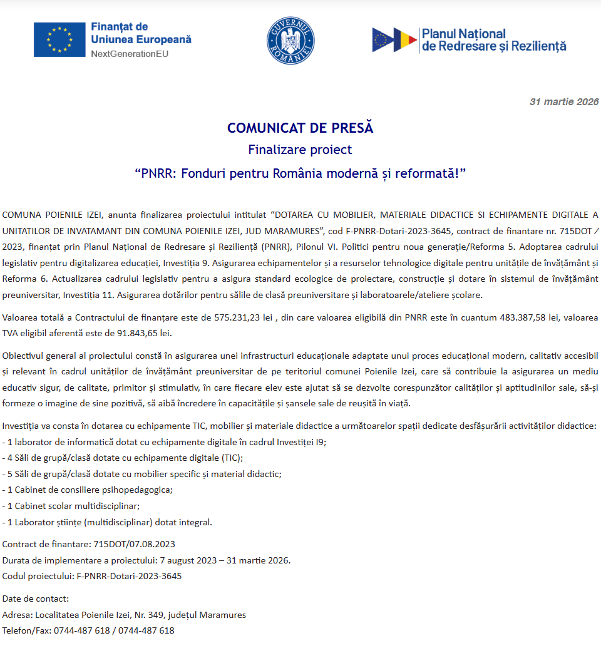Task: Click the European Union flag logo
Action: pyautogui.click(x=59, y=39)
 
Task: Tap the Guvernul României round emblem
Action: pyautogui.click(x=290, y=39)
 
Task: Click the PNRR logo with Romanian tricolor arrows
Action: pyautogui.click(x=394, y=39)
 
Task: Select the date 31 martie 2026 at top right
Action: pyautogui.click(x=563, y=102)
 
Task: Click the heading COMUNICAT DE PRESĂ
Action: pyautogui.click(x=300, y=128)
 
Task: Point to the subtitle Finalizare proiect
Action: pyautogui.click(x=300, y=150)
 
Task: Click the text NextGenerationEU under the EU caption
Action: pyautogui.click(x=130, y=54)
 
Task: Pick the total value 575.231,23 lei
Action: pyautogui.click(x=247, y=318)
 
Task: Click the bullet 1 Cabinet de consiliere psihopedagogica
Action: pyautogui.click(x=88, y=490)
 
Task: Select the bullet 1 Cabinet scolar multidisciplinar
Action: pyautogui.click(x=71, y=506)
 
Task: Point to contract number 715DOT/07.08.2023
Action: pyautogui.click(x=134, y=544)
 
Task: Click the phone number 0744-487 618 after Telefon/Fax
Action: pyautogui.click(x=81, y=630)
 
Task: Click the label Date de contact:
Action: pyautogui.click(x=36, y=599)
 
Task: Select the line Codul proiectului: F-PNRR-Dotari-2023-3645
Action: pyautogui.click(x=92, y=576)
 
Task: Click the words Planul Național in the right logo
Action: pyautogui.click(x=464, y=34)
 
